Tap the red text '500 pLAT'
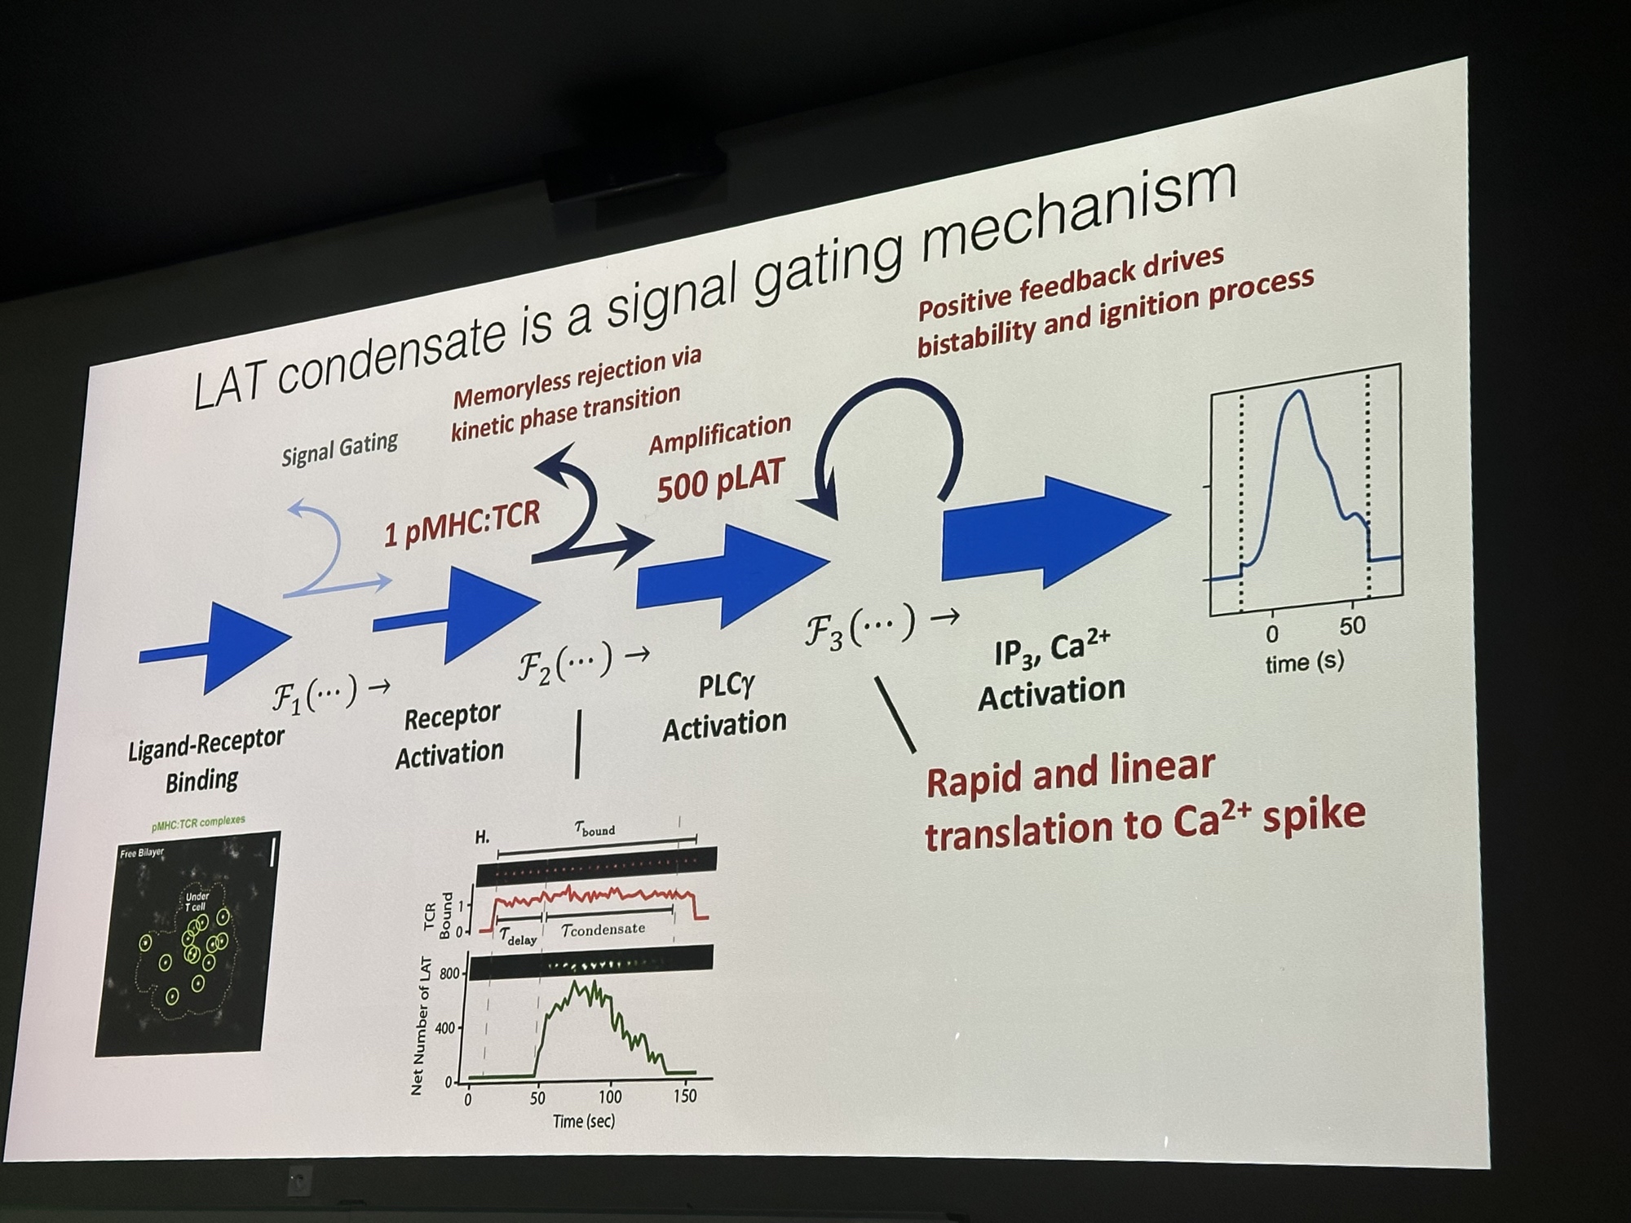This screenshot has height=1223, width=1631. click(x=720, y=480)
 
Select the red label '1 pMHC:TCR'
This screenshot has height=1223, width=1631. click(x=462, y=523)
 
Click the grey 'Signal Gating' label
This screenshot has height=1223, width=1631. click(x=339, y=449)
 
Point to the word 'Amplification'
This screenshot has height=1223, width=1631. click(x=720, y=434)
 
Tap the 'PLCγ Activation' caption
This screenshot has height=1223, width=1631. click(x=724, y=707)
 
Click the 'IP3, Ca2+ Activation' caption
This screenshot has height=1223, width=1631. click(x=1052, y=672)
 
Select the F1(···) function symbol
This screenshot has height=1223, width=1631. click(x=314, y=695)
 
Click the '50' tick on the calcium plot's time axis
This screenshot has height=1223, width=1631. click(x=1351, y=626)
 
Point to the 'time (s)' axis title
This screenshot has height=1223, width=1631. click(x=1304, y=663)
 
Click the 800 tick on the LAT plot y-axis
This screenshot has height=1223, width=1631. click(x=449, y=974)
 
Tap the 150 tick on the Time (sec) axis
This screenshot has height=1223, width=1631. click(x=685, y=1096)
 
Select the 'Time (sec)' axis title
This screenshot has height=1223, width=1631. click(x=584, y=1121)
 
